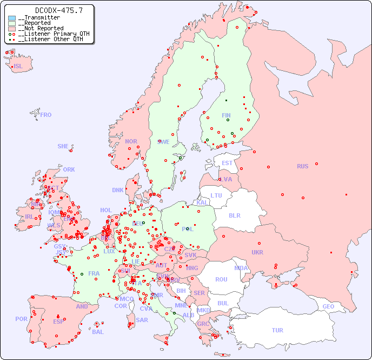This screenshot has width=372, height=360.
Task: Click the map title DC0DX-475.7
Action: [x=51, y=10]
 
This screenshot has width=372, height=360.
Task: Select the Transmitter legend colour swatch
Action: [x=12, y=18]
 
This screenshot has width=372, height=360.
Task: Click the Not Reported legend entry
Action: [x=41, y=28]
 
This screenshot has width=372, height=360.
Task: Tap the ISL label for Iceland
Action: [x=18, y=67]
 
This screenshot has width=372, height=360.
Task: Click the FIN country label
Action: [x=226, y=115]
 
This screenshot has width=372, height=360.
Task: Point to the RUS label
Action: [x=302, y=166]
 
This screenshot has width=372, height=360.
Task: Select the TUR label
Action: [x=277, y=330]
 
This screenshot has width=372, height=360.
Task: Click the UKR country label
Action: [x=257, y=252]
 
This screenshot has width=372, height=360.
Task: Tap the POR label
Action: [x=21, y=319]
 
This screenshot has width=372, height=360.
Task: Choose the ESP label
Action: [x=58, y=321]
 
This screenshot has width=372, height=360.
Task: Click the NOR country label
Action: [x=131, y=141]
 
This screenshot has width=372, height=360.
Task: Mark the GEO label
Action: [x=328, y=306]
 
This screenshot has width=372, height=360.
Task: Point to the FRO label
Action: [x=46, y=115]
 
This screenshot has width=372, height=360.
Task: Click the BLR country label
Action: [x=234, y=215]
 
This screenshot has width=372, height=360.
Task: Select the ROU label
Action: [x=221, y=279]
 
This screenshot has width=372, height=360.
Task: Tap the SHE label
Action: [x=63, y=146]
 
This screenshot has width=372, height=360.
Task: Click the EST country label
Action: [x=227, y=163]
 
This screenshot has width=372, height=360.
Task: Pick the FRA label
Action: [x=94, y=273]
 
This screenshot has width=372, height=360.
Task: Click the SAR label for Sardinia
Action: [x=142, y=320]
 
